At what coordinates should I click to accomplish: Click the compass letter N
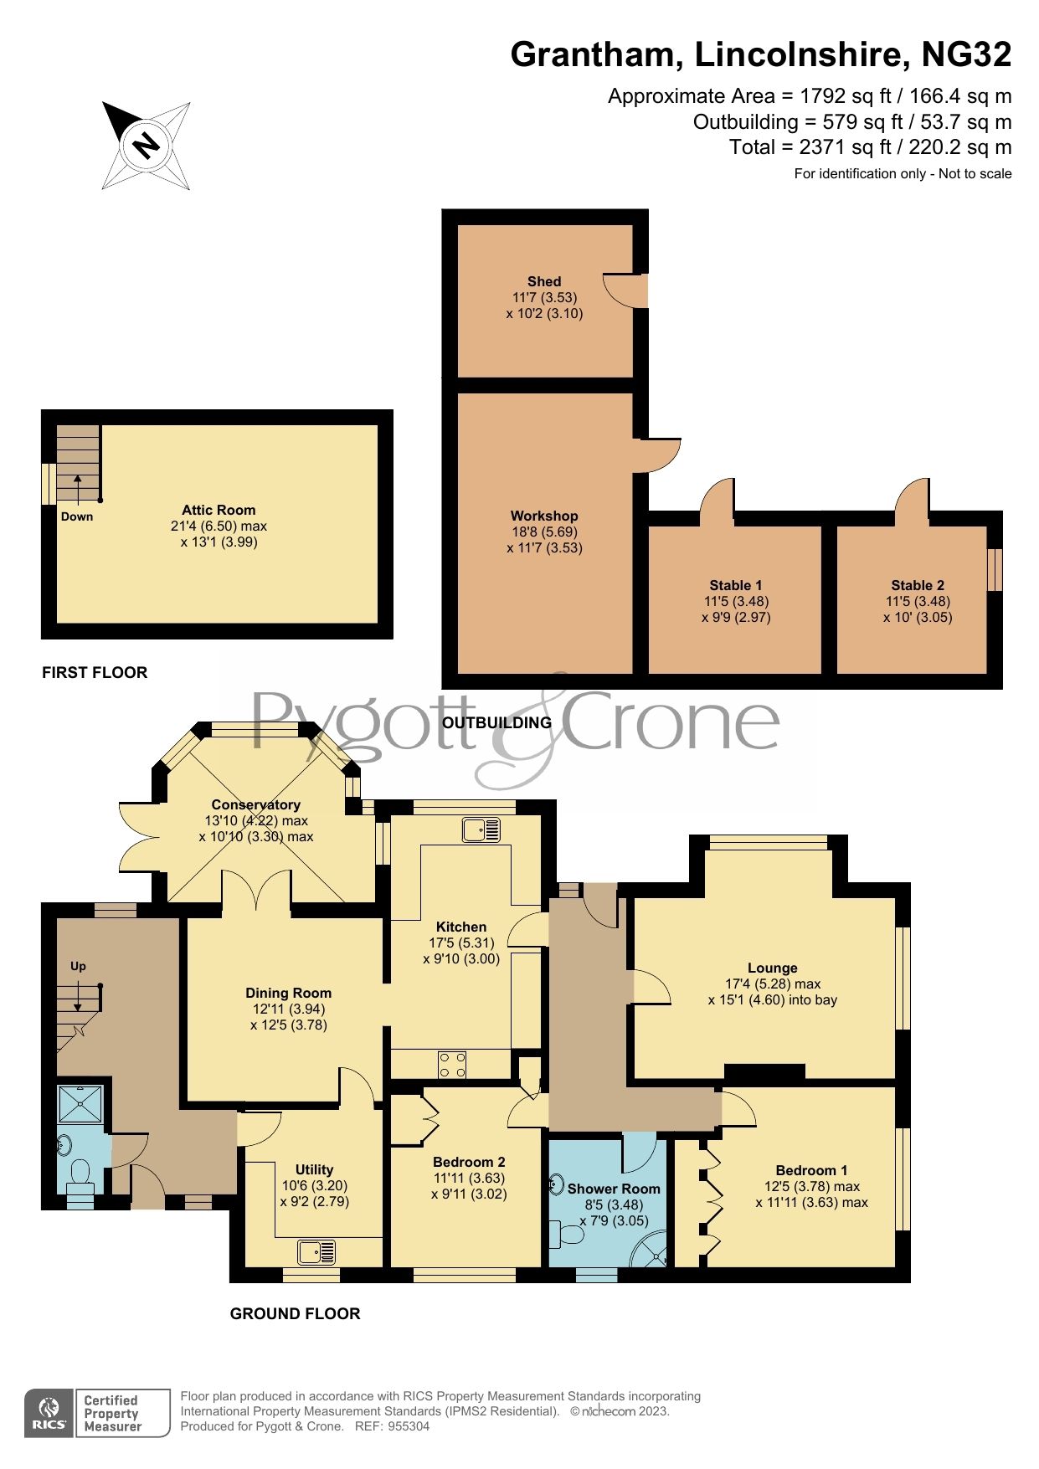(147, 146)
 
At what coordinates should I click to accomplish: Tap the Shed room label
(544, 282)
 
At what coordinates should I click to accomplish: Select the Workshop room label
(544, 516)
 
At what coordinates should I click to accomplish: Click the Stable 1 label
(735, 586)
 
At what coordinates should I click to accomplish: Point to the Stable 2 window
(995, 569)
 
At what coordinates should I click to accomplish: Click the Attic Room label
(219, 510)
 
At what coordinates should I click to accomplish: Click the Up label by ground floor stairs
(78, 966)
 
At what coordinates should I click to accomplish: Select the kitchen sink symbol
(481, 830)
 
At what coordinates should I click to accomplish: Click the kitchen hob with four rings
(453, 1066)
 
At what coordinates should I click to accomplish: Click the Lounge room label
(772, 968)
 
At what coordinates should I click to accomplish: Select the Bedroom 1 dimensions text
(811, 1194)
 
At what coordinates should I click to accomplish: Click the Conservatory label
(255, 804)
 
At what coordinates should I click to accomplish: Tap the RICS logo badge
(49, 1413)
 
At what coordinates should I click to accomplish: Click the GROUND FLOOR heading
(295, 1314)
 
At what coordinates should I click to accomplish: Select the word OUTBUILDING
(496, 722)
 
